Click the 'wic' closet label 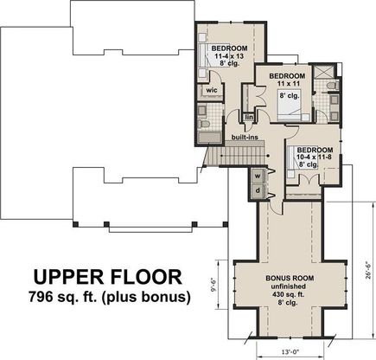click(212, 90)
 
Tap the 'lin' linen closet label click(249, 117)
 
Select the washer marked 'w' click(258, 177)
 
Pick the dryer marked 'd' click(258, 190)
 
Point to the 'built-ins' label click(245, 137)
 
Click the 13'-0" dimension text click(290, 351)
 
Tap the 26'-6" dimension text click(368, 269)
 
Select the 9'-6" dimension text click(213, 284)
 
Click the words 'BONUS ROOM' click(290, 279)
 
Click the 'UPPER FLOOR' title click(108, 277)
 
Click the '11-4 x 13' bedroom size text click(229, 56)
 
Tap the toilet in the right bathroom click(334, 86)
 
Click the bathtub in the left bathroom click(210, 138)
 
